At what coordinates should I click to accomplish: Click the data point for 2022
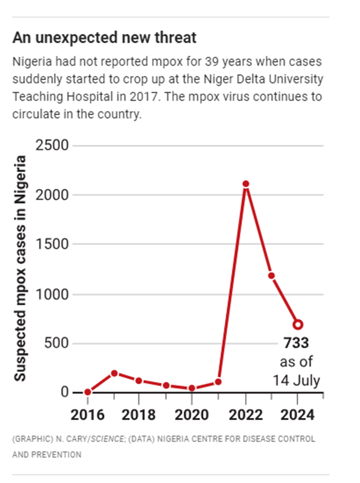[246, 184]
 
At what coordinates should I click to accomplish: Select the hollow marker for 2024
[298, 324]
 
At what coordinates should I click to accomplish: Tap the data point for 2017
[114, 373]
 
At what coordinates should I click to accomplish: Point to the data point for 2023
[271, 275]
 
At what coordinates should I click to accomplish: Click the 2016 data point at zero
[87, 393]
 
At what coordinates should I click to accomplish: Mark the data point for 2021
[218, 382]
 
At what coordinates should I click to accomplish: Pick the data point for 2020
[192, 388]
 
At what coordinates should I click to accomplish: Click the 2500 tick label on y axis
[52, 146]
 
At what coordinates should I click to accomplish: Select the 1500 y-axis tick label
[52, 245]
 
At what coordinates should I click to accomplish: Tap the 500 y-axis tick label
[57, 343]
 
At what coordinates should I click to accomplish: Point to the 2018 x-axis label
[139, 416]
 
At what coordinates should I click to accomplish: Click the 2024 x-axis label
[298, 416]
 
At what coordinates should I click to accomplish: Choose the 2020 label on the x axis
[191, 416]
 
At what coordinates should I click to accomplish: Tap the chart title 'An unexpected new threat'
[105, 38]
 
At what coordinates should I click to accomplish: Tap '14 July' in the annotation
[297, 381]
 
